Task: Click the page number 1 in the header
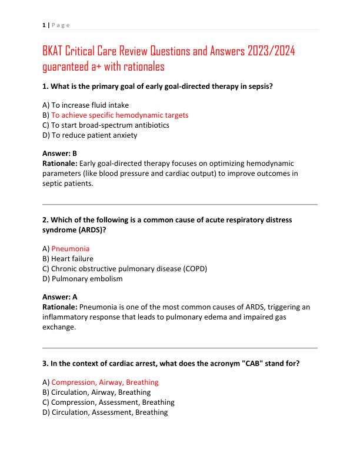click(44, 25)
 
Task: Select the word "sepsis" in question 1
click(261, 86)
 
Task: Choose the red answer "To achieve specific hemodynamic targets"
click(119, 115)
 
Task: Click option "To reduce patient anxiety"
click(94, 135)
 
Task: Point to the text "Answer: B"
click(60, 153)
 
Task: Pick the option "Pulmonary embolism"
click(86, 278)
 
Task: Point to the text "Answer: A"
click(60, 297)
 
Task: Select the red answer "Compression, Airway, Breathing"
click(105, 382)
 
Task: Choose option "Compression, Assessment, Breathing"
click(112, 402)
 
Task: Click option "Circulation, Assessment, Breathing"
click(109, 412)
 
